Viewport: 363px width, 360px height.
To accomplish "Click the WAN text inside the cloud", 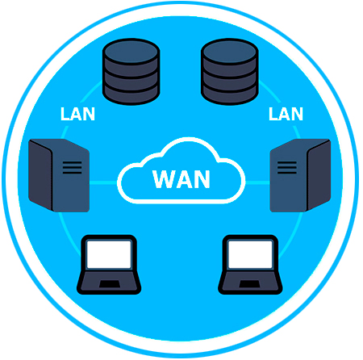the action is [x=181, y=179].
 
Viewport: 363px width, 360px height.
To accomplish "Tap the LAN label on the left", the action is [x=77, y=114].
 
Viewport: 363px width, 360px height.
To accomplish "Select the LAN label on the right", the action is [x=286, y=114].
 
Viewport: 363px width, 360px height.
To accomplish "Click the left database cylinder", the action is [x=131, y=72].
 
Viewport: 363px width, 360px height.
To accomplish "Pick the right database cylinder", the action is [x=230, y=72].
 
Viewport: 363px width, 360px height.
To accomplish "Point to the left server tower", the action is [x=59, y=175].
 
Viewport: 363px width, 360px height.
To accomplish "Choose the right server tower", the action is [x=300, y=175].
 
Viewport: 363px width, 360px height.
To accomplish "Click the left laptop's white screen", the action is [x=109, y=254].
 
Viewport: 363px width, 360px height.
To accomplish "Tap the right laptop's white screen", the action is [x=250, y=254].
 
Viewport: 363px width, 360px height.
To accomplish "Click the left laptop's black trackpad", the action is [x=110, y=284].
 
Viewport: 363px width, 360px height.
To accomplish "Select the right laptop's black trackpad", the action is [x=249, y=284].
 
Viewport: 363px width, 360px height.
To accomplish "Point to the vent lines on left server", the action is [x=72, y=167].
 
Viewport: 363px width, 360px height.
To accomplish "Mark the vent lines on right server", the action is [x=287, y=167].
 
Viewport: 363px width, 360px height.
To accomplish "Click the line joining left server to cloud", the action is [x=103, y=183].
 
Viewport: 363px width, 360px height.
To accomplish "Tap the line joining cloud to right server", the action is [x=257, y=183].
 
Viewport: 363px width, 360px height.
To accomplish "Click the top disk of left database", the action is [x=131, y=52].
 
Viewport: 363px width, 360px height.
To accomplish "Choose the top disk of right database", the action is [x=230, y=52].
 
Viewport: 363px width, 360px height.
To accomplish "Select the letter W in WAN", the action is [x=164, y=179].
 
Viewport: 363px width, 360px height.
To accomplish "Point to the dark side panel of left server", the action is [x=40, y=174].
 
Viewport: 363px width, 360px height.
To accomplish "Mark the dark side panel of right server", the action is [x=319, y=174].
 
